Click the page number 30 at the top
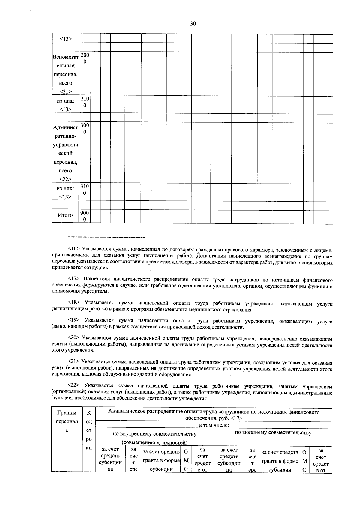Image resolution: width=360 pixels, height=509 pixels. [193, 24]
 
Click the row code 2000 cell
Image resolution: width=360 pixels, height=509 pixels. [85, 58]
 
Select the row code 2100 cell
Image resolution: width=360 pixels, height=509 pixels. [85, 102]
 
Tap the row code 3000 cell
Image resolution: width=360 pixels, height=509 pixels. [85, 129]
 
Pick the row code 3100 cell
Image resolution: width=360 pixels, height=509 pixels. [85, 190]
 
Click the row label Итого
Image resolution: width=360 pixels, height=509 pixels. [65, 215]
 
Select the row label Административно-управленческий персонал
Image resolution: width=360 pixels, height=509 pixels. [65, 153]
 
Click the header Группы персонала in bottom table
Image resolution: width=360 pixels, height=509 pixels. [67, 421]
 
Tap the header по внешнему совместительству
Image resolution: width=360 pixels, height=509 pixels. [273, 433]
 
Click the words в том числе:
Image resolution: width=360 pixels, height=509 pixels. [214, 425]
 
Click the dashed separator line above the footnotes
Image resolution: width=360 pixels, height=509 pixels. [106, 238]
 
